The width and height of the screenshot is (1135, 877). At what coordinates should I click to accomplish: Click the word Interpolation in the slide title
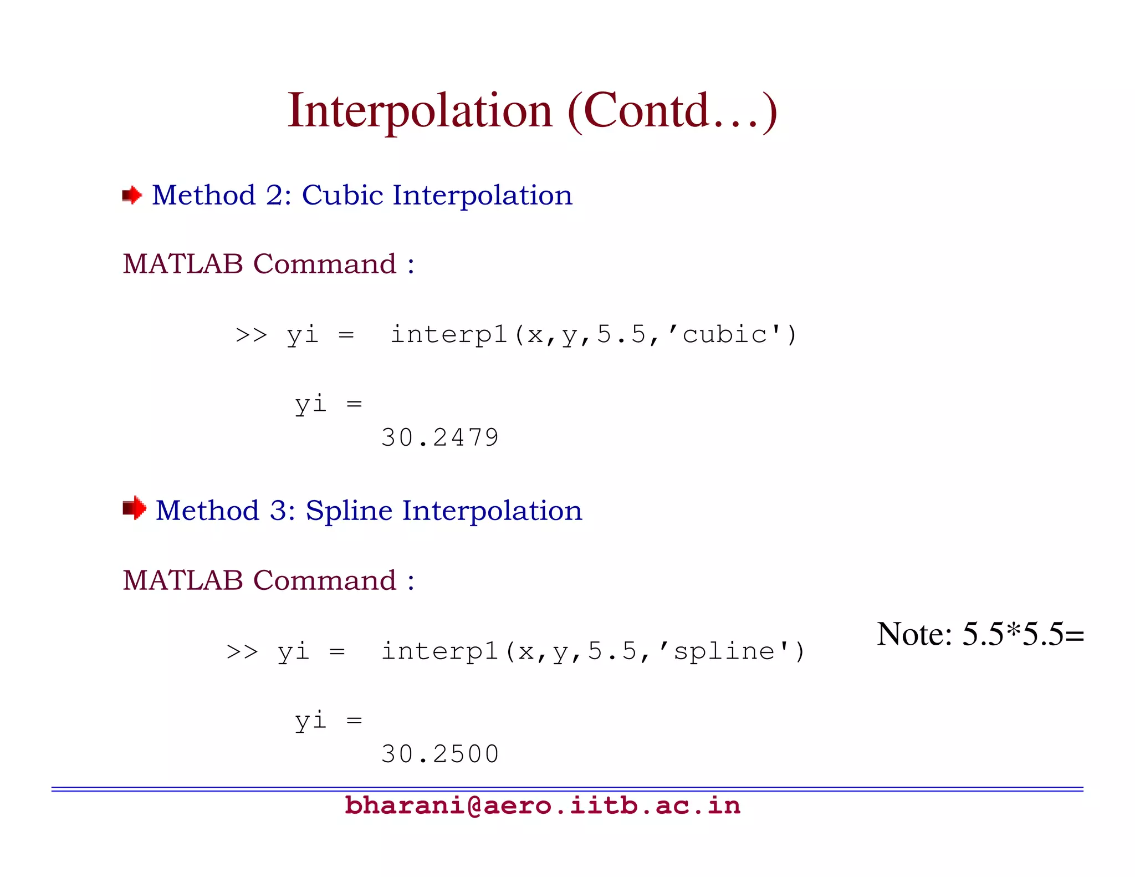[x=420, y=111]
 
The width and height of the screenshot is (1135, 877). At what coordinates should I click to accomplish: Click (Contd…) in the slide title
[x=672, y=111]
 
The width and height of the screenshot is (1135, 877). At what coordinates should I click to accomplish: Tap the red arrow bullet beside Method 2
[x=132, y=195]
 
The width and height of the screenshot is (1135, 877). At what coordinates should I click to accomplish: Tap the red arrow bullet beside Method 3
[x=134, y=508]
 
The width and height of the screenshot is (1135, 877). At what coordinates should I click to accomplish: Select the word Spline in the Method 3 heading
[x=349, y=511]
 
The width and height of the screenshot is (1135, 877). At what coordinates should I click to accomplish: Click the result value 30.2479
[x=440, y=438]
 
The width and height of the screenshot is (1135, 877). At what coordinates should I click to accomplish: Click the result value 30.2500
[x=440, y=754]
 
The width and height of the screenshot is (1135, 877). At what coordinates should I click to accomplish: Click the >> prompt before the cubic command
[x=251, y=335]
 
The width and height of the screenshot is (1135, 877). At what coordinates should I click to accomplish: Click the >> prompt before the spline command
[x=242, y=652]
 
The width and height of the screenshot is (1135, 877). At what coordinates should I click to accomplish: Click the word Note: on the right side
[x=914, y=634]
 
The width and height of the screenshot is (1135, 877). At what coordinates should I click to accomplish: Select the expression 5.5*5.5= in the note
[x=1022, y=634]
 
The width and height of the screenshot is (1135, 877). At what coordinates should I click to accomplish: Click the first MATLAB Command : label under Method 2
[x=268, y=264]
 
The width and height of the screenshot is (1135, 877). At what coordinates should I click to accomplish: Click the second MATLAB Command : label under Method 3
[x=268, y=580]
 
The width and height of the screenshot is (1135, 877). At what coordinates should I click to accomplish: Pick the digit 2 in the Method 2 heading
[x=274, y=196]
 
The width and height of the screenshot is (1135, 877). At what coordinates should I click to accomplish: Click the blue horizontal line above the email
[x=567, y=789]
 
